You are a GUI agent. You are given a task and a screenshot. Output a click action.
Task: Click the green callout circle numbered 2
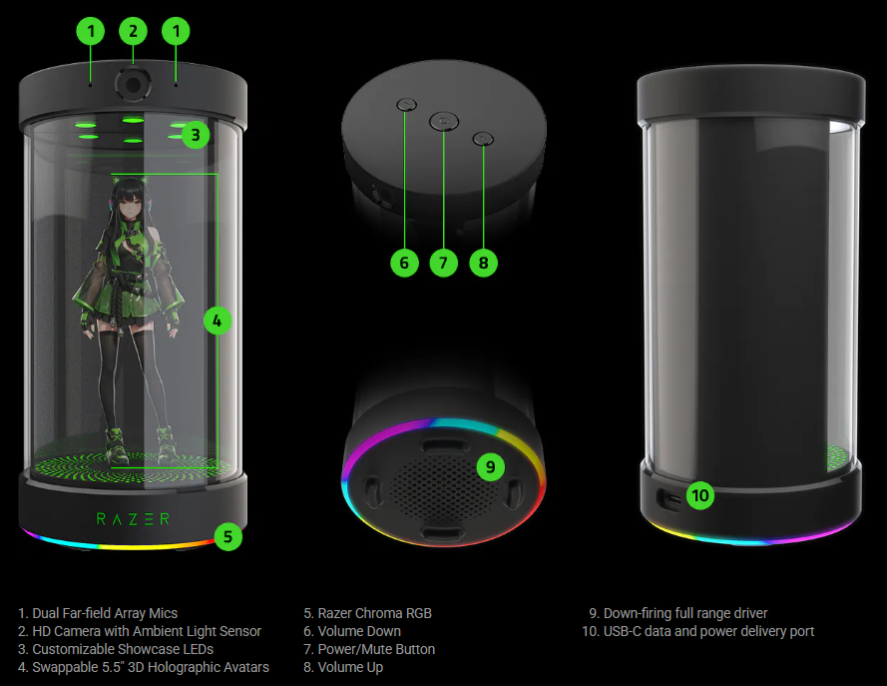point(133,31)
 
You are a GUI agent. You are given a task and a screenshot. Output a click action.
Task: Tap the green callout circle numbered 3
point(196,135)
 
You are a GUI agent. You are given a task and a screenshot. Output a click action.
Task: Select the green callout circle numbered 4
point(218,321)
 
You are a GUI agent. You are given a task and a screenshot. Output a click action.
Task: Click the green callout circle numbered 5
point(227,536)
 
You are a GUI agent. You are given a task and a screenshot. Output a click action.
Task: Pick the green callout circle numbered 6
point(404,263)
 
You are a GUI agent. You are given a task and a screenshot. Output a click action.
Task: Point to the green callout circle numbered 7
point(443,263)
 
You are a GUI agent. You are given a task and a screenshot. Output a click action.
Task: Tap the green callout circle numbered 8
point(483,263)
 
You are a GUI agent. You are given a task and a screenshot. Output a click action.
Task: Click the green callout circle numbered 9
point(491,467)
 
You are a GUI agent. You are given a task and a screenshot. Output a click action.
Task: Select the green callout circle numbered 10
point(700,496)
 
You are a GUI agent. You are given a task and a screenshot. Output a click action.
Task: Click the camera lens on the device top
point(133,85)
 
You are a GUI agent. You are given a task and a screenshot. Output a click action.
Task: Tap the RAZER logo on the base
point(133,519)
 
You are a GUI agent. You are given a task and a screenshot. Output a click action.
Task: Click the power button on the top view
point(444,121)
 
